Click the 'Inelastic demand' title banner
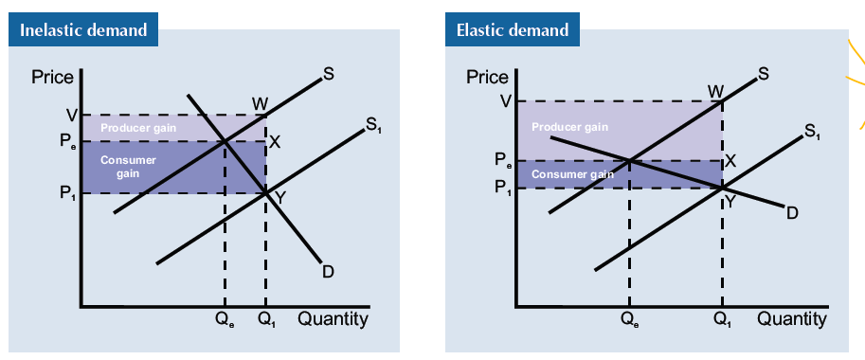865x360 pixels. [83, 29]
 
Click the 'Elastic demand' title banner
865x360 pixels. [513, 29]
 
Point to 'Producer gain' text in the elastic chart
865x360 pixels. [569, 127]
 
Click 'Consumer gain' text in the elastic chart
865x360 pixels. [572, 174]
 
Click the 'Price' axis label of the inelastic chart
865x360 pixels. [52, 78]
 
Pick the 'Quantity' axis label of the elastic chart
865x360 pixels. [791, 319]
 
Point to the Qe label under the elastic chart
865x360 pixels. [629, 320]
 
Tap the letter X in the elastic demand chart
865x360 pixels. [730, 161]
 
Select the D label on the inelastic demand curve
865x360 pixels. [328, 272]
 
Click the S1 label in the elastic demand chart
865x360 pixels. [812, 132]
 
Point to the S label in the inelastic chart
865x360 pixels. [329, 76]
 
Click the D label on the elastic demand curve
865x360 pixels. [792, 212]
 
